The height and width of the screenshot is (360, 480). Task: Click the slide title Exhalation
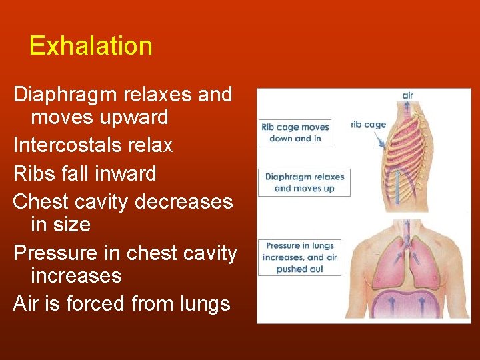point(91,46)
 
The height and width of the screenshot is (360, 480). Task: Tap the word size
point(73,225)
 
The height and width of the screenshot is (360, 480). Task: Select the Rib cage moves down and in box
point(295,133)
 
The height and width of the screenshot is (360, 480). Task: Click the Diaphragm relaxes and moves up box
point(304,182)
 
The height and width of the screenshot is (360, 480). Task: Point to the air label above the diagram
point(407,96)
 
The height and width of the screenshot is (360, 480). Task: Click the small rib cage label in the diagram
point(368,125)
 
